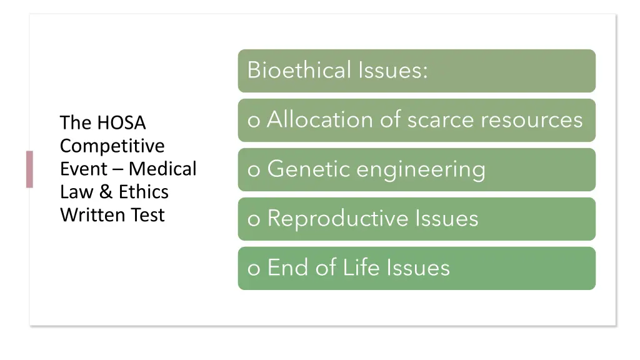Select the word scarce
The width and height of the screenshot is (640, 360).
[440, 119]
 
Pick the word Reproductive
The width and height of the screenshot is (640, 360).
[337, 219]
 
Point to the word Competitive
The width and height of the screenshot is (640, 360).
[112, 146]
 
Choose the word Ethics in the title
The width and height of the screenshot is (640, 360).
[144, 192]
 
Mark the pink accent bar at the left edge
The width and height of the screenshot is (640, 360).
[29, 169]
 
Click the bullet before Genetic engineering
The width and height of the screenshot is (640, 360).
[254, 171]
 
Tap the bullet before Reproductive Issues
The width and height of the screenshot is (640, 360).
[254, 220]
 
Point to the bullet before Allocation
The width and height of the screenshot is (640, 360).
[254, 121]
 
